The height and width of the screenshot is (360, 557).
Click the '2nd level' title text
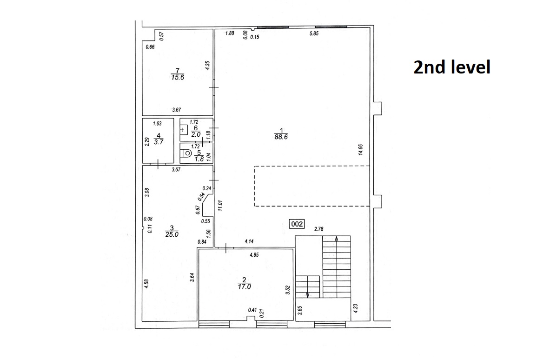452,67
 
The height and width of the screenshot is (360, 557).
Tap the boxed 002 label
297,224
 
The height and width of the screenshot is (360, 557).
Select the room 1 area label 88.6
281,137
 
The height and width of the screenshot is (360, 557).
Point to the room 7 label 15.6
178,77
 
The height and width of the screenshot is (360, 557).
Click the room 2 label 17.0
245,287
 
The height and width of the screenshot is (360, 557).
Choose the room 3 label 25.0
172,234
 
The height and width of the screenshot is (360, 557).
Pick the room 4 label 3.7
159,142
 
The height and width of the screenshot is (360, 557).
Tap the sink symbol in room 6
183,130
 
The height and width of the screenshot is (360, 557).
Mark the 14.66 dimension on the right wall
360,149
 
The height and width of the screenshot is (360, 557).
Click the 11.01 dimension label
220,206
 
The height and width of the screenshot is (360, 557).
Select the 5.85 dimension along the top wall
314,33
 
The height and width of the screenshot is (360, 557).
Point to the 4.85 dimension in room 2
254,254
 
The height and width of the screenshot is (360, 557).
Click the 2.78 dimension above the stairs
318,229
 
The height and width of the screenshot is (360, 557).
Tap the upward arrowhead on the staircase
337,239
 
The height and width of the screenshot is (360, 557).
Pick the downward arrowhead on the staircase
308,295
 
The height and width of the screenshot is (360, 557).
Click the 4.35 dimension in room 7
208,65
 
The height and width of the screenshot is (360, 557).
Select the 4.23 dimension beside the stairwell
356,308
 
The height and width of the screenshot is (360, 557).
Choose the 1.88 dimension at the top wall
230,33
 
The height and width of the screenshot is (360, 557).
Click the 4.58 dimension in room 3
146,284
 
